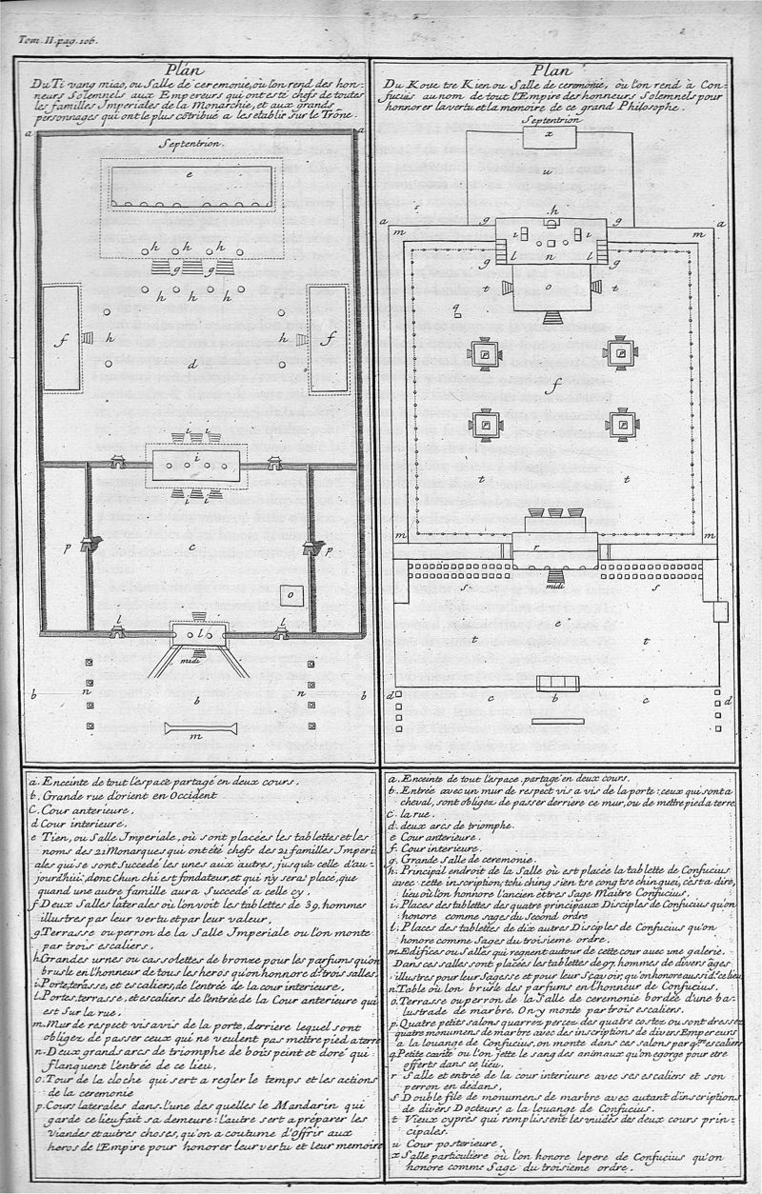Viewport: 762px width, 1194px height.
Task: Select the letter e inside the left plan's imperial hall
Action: (191, 174)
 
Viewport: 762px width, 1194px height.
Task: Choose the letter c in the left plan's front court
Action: (193, 547)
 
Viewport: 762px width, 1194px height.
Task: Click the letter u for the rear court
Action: (548, 174)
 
